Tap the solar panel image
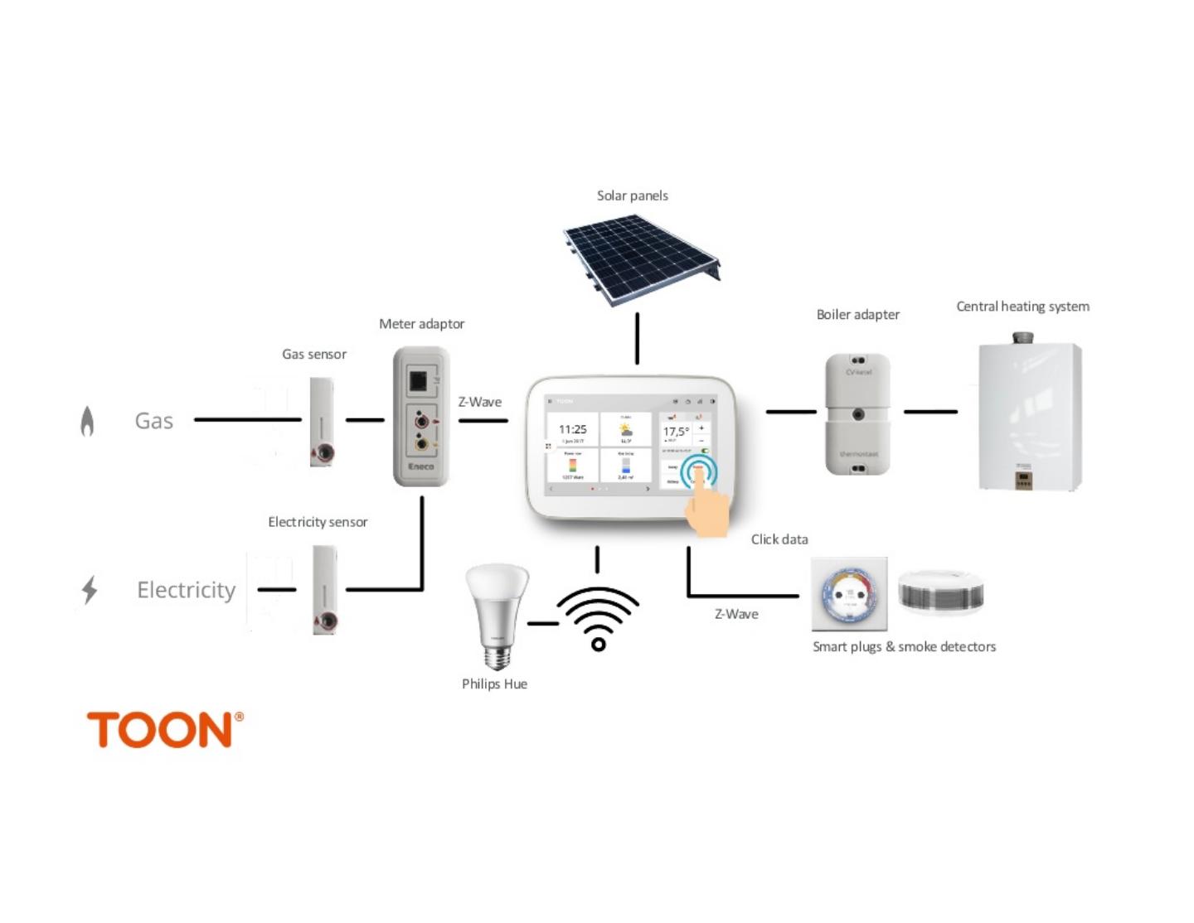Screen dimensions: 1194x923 click(x=641, y=259)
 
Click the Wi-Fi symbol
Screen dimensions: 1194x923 click(x=598, y=618)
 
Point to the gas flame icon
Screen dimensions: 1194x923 click(x=87, y=421)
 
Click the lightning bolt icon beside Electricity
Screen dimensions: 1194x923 click(x=90, y=590)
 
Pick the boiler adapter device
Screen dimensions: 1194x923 click(x=858, y=413)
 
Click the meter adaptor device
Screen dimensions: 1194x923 click(x=421, y=417)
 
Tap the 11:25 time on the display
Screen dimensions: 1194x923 click(x=572, y=429)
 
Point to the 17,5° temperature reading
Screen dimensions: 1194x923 click(x=676, y=432)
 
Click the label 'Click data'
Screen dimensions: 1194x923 click(x=779, y=539)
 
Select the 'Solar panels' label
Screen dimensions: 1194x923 click(x=633, y=196)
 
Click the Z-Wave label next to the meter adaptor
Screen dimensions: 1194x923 click(x=480, y=402)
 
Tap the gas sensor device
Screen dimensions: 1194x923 click(x=322, y=423)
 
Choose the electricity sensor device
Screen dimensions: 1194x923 click(x=324, y=589)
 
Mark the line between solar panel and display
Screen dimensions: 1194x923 click(x=637, y=338)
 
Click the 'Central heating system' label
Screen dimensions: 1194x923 click(x=1022, y=307)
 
